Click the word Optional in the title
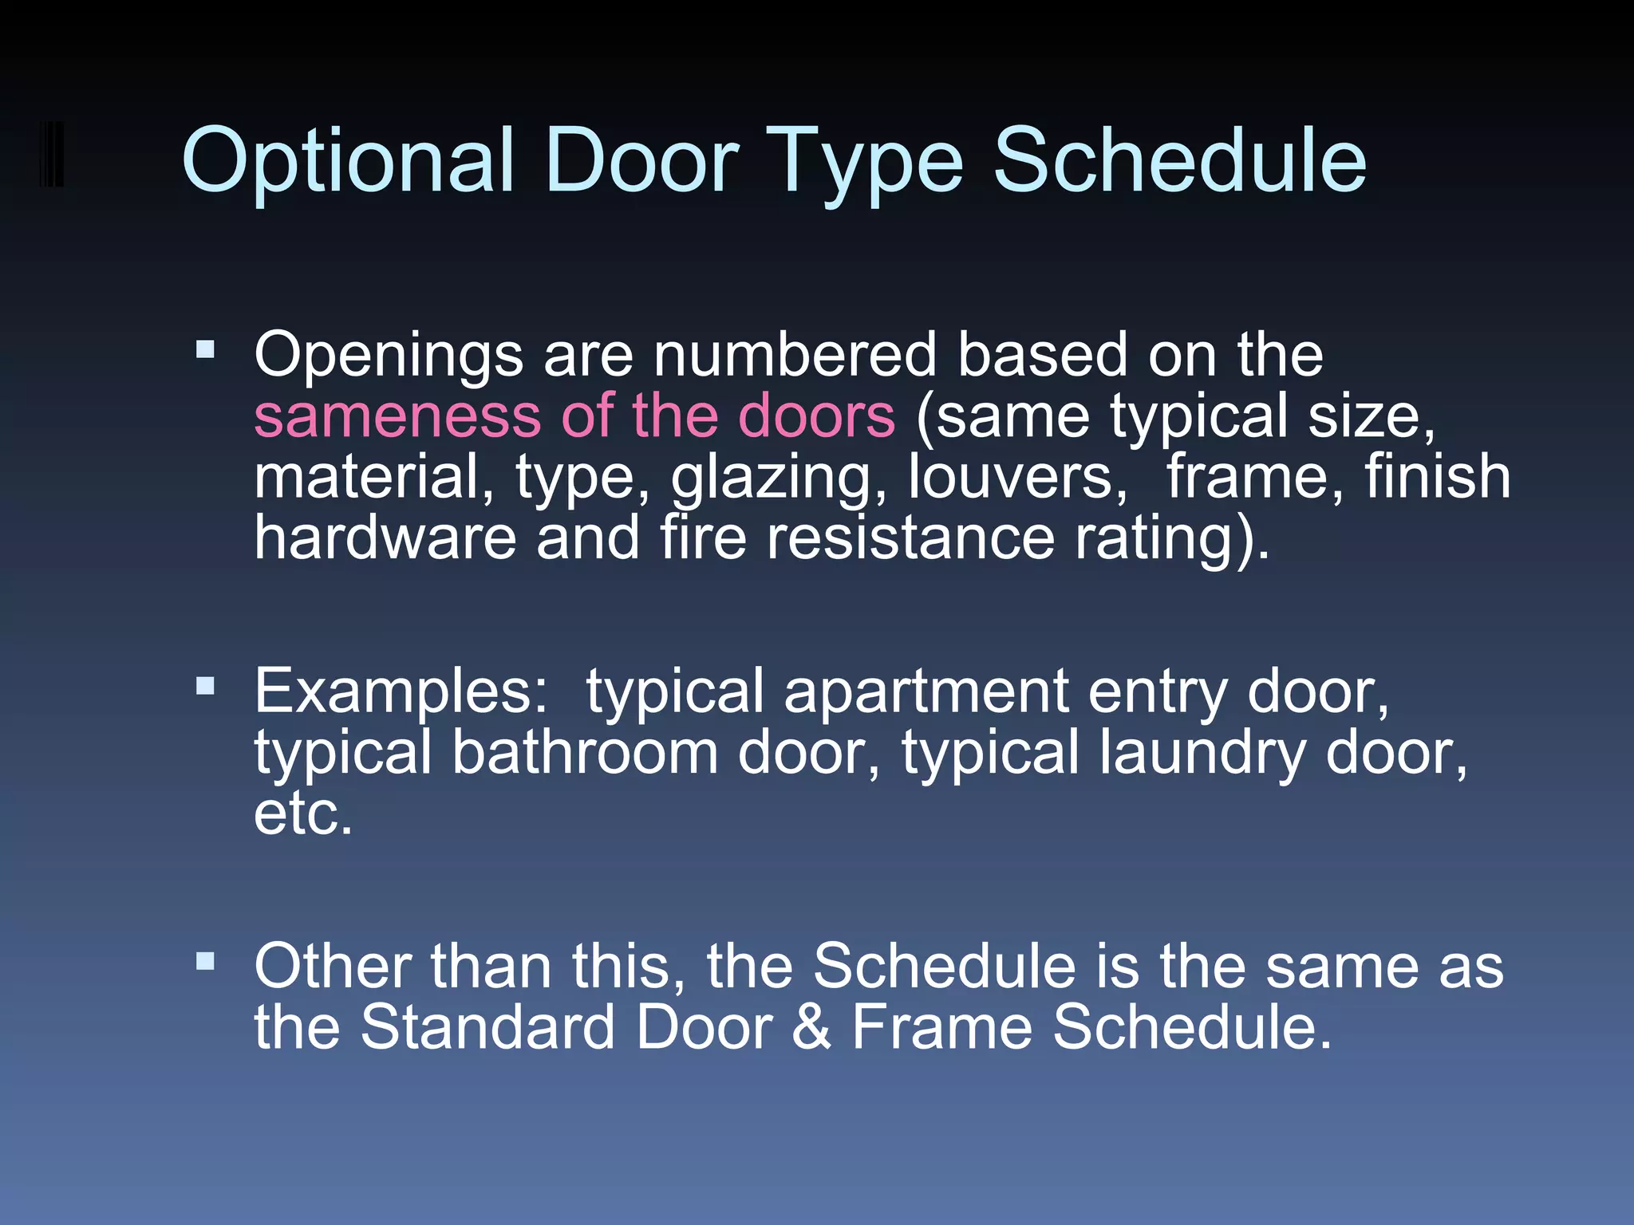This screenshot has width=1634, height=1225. click(348, 162)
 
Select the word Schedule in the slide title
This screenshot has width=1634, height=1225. click(1179, 162)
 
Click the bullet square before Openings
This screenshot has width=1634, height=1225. click(205, 349)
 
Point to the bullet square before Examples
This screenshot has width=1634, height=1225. click(205, 687)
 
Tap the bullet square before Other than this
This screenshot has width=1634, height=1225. click(205, 961)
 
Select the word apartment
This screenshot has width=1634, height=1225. click(926, 692)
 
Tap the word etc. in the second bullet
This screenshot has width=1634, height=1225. click(303, 814)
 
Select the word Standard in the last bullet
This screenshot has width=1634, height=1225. click(487, 1028)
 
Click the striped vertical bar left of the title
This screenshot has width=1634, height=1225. click(52, 154)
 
